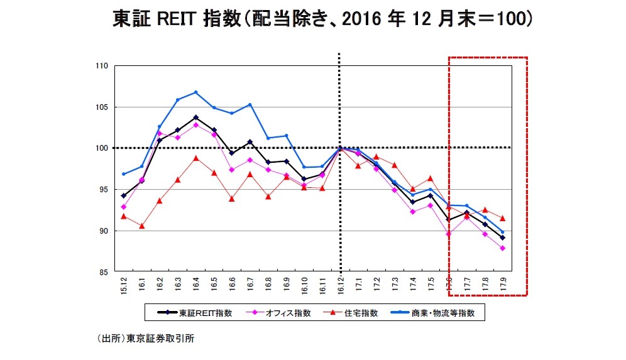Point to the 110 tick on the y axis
point(102,66)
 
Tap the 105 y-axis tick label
point(102,107)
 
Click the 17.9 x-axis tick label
point(502,286)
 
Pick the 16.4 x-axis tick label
point(196,286)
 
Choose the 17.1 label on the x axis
point(358,286)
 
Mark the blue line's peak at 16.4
point(196,92)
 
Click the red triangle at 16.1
point(141,226)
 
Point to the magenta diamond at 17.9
point(502,248)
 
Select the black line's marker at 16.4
point(196,117)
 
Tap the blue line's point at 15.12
point(123,174)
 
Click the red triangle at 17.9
point(502,218)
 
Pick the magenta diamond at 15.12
point(123,207)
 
